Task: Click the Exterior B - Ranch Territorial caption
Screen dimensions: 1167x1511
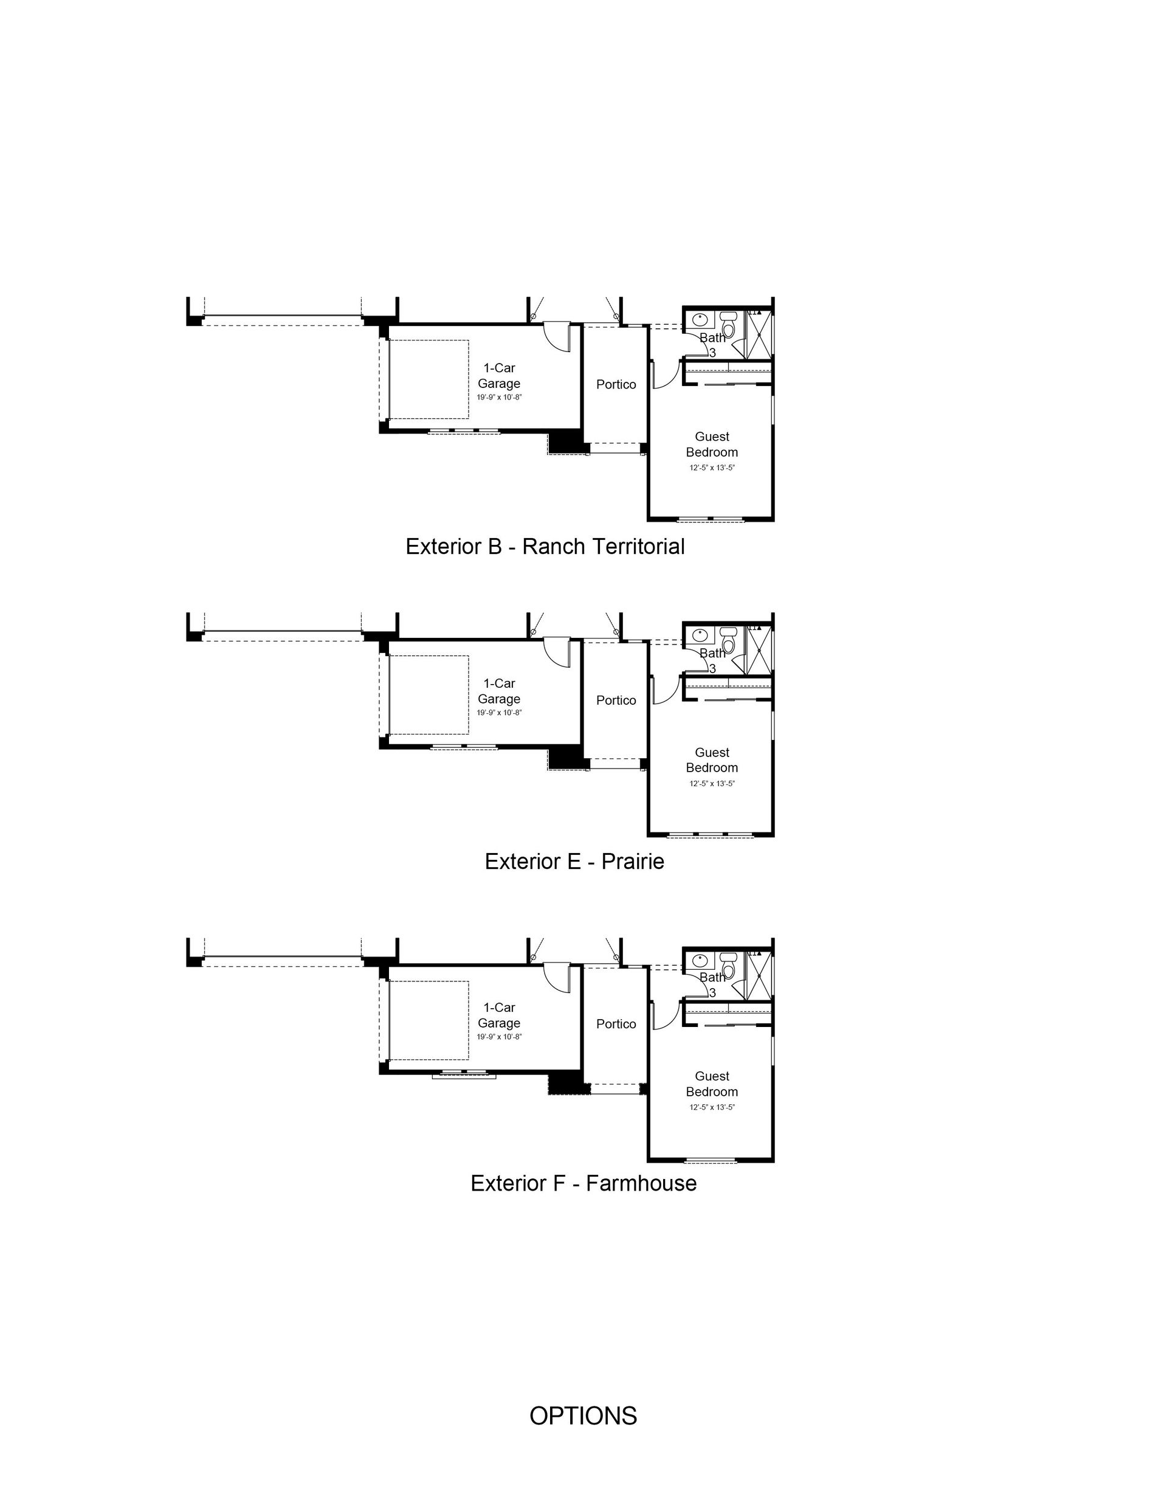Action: (x=545, y=547)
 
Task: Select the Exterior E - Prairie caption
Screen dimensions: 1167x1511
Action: (x=574, y=862)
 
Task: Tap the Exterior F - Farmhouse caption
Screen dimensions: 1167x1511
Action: (x=583, y=1183)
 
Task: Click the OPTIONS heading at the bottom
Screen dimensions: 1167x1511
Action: (x=583, y=1416)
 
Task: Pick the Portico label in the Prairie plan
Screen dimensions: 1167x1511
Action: (x=616, y=700)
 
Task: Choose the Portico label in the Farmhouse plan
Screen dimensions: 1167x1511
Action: (x=616, y=1024)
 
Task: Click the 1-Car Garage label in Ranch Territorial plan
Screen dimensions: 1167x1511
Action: (x=499, y=376)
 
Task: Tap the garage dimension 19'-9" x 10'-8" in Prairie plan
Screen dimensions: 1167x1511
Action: (x=499, y=713)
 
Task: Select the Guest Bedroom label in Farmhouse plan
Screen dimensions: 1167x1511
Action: (x=712, y=1084)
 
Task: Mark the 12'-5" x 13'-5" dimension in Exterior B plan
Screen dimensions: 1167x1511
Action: (x=712, y=468)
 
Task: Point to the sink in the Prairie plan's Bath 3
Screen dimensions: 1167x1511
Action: (x=700, y=634)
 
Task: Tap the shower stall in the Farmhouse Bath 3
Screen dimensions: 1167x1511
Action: (x=759, y=975)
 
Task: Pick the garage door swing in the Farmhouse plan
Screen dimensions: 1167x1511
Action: (x=556, y=978)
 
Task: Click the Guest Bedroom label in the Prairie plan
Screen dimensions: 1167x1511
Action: (x=712, y=760)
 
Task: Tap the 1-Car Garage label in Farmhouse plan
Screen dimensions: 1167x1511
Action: (x=499, y=1015)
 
